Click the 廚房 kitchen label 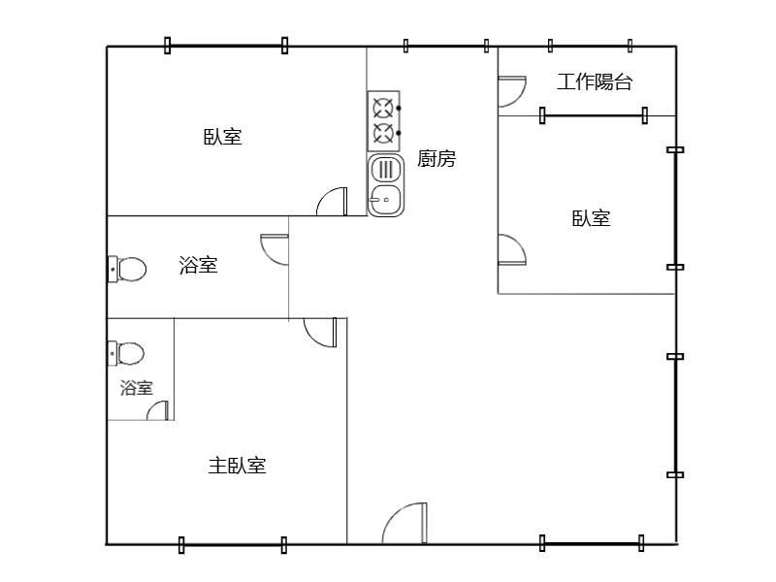click(436, 158)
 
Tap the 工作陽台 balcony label click(594, 82)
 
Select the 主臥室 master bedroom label click(237, 466)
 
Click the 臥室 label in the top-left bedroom click(222, 136)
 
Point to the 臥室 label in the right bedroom click(591, 218)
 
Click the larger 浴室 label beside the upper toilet click(198, 265)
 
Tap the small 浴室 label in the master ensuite click(136, 388)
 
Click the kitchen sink click(385, 184)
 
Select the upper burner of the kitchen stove click(383, 107)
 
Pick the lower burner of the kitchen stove click(383, 132)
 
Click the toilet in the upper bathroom click(127, 269)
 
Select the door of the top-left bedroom click(333, 202)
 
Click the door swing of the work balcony click(510, 91)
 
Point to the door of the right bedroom click(510, 249)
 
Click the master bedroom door click(321, 332)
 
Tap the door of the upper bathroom click(275, 249)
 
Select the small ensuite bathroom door click(158, 411)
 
